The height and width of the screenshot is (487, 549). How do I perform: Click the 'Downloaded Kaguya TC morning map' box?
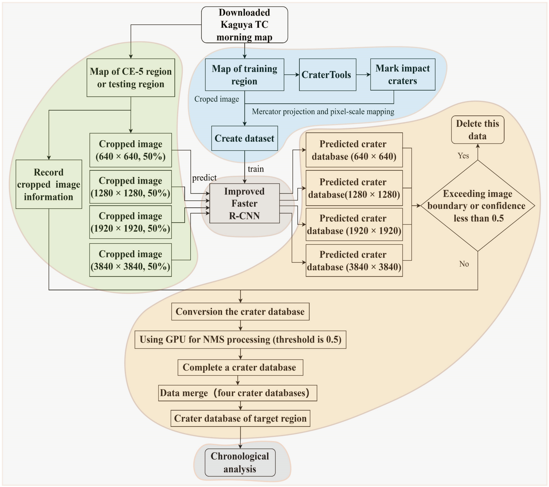click(244, 25)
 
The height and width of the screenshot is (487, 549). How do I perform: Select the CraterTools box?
click(328, 75)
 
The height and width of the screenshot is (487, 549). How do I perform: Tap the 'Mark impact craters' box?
click(403, 75)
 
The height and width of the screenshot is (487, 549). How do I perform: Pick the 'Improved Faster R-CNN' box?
click(244, 203)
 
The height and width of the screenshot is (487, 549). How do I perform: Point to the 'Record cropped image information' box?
click(49, 184)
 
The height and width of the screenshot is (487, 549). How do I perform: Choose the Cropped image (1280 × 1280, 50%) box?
click(131, 187)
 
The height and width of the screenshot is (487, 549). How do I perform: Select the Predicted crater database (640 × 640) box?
click(354, 150)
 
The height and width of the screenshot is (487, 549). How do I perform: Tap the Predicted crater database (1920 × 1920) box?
click(354, 225)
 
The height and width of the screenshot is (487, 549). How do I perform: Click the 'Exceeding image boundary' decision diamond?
click(478, 206)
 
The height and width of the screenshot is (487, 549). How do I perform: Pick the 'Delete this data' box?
click(478, 130)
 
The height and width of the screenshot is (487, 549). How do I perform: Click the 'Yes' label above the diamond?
click(463, 156)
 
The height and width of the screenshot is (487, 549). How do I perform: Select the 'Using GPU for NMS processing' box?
click(240, 339)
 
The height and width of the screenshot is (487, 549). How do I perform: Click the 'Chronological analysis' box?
click(240, 463)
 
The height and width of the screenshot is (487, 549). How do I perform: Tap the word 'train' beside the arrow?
click(256, 169)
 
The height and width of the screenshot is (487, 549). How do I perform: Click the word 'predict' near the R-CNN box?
click(204, 178)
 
